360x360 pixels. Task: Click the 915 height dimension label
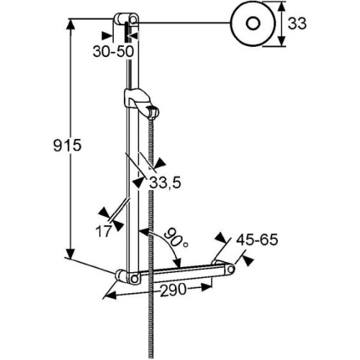68,145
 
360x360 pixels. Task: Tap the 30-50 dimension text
113,51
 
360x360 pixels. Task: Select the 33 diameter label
297,24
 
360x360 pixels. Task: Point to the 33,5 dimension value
165,183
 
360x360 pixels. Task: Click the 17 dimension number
104,231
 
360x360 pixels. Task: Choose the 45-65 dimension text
257,240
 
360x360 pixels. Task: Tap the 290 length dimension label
173,289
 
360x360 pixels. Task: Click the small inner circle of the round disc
253,23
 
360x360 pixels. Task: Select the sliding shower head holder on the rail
141,103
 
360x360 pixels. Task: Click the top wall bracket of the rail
126,19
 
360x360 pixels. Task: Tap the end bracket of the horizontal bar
223,268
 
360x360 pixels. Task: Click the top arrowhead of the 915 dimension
71,24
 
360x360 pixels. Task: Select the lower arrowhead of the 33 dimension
282,41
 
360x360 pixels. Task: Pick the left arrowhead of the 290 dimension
111,295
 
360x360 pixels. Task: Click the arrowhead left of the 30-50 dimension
107,36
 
